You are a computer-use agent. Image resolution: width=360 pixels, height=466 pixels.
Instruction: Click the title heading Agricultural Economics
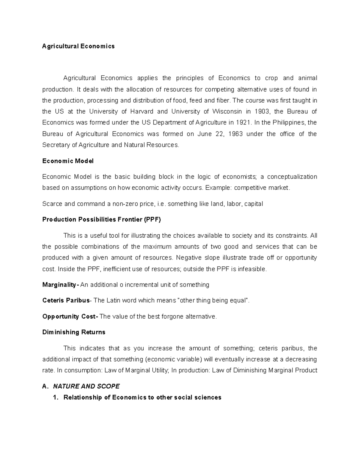coord(78,46)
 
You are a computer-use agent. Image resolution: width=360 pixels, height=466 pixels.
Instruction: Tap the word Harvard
coord(142,112)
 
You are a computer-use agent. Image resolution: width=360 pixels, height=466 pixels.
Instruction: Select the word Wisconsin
coord(227,112)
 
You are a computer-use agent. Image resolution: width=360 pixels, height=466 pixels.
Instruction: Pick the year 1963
coord(235,134)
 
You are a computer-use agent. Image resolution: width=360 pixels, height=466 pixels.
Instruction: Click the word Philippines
coord(287,123)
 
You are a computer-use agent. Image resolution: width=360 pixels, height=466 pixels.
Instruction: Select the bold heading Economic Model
coord(68,161)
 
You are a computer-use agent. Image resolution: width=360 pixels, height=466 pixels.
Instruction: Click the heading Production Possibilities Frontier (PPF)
coord(101,220)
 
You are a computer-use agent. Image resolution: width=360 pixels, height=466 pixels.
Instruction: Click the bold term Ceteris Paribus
coord(66,300)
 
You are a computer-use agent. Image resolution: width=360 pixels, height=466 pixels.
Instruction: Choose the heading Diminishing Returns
coord(74,332)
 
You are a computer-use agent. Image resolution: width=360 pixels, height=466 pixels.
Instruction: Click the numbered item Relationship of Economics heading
coord(142,398)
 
